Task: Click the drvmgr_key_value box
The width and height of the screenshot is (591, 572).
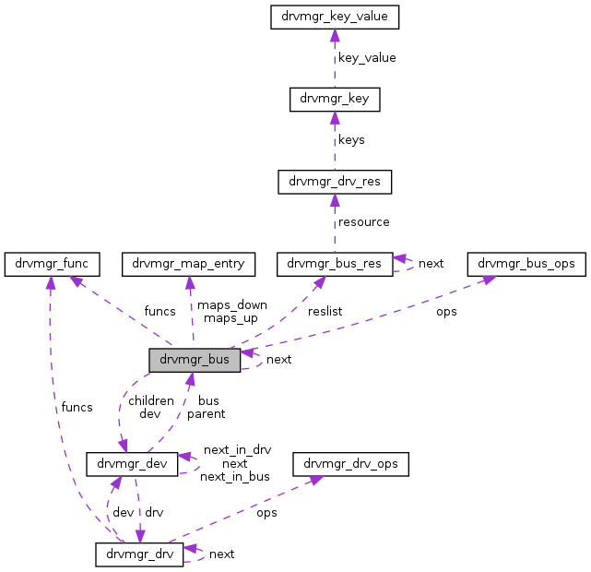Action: [335, 17]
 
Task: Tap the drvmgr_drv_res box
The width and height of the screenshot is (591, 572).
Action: [335, 182]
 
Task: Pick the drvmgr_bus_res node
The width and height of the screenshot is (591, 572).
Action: [335, 264]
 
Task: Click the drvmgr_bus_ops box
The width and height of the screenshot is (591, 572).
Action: [526, 264]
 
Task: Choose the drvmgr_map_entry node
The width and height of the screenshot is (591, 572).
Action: [188, 264]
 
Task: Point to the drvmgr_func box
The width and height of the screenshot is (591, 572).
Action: [46, 264]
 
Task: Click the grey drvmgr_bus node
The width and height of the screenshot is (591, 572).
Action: [195, 359]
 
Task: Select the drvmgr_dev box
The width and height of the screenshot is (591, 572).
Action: [132, 464]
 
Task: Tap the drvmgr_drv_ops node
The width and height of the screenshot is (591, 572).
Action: [350, 464]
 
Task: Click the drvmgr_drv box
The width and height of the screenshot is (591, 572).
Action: [138, 554]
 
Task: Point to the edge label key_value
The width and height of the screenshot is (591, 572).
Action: [367, 57]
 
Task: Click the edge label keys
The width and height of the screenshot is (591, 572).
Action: [351, 140]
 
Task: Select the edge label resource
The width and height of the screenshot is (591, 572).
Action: [363, 222]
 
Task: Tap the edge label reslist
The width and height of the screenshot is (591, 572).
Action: [325, 312]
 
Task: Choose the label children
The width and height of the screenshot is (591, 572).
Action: [151, 400]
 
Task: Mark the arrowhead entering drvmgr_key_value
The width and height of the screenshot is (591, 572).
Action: [335, 35]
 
